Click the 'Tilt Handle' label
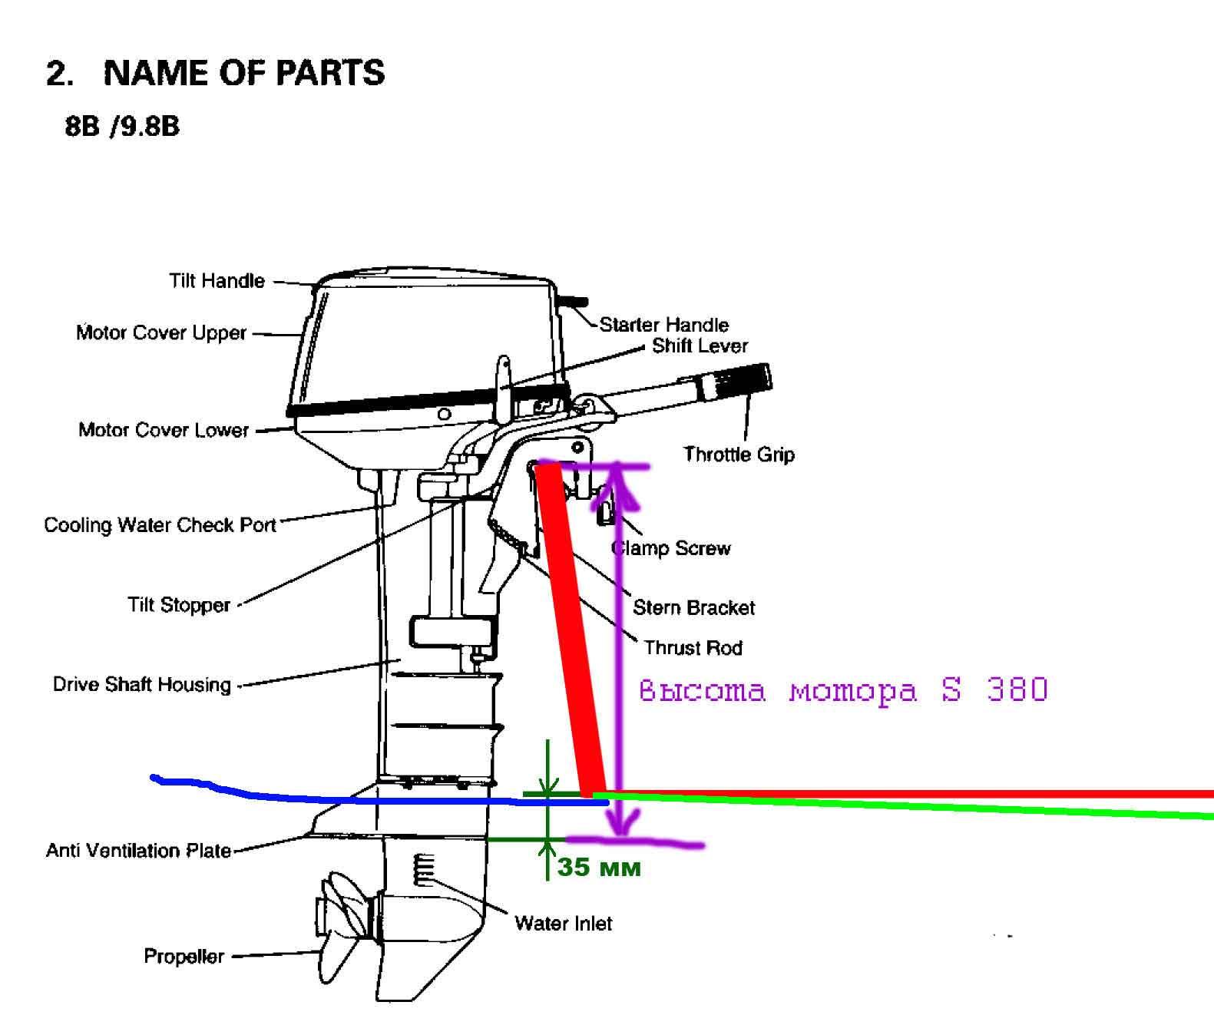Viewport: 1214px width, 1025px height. (x=217, y=281)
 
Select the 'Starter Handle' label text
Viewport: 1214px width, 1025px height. (x=663, y=324)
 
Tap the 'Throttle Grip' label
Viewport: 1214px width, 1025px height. (x=739, y=455)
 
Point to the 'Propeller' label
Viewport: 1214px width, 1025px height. (x=184, y=957)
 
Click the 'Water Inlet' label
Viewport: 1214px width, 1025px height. (x=563, y=923)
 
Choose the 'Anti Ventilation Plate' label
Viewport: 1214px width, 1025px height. (x=138, y=851)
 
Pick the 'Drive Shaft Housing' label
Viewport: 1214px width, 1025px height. (x=141, y=685)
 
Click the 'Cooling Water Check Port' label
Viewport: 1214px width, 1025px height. (x=160, y=525)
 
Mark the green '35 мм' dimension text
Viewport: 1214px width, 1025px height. (x=599, y=868)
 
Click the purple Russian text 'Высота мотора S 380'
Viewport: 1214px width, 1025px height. (x=843, y=690)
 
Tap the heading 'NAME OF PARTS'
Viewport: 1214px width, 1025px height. (x=243, y=73)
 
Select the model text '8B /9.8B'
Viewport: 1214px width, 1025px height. (x=122, y=126)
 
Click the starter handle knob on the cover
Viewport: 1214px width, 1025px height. (x=573, y=302)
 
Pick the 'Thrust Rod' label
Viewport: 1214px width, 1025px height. (x=693, y=648)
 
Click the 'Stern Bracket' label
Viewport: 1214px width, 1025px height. (x=693, y=608)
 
